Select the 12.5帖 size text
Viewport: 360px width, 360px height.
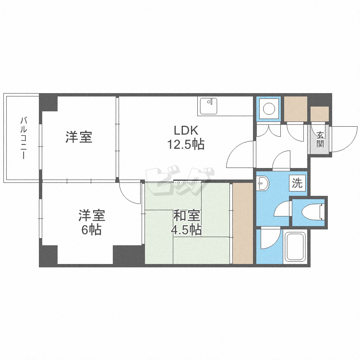point(185,144)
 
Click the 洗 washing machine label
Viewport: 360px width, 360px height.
point(298,182)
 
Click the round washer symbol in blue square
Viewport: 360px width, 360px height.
point(269,108)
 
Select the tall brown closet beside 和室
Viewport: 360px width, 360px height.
point(242,223)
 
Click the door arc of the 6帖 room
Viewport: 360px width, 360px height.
point(129,192)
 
